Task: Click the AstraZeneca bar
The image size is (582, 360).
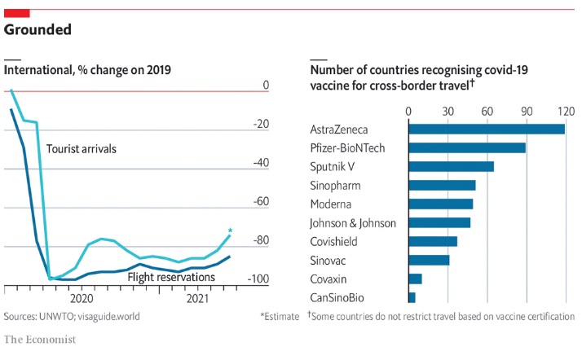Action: click(x=486, y=129)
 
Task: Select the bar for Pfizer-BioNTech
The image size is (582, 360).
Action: click(x=466, y=147)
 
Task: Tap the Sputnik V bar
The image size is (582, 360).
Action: click(x=451, y=166)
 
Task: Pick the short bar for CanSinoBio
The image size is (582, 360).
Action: click(x=412, y=297)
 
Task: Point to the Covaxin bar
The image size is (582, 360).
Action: click(x=415, y=279)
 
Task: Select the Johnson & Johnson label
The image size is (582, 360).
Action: click(x=353, y=222)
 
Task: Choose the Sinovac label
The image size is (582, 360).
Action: click(x=329, y=260)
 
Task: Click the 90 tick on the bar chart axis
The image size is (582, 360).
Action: click(x=526, y=111)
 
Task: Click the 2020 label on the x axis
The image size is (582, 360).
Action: click(x=82, y=299)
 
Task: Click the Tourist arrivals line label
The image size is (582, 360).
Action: click(x=82, y=149)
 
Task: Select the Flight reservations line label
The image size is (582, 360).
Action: click(x=171, y=278)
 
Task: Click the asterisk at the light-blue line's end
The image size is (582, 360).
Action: click(x=231, y=231)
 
